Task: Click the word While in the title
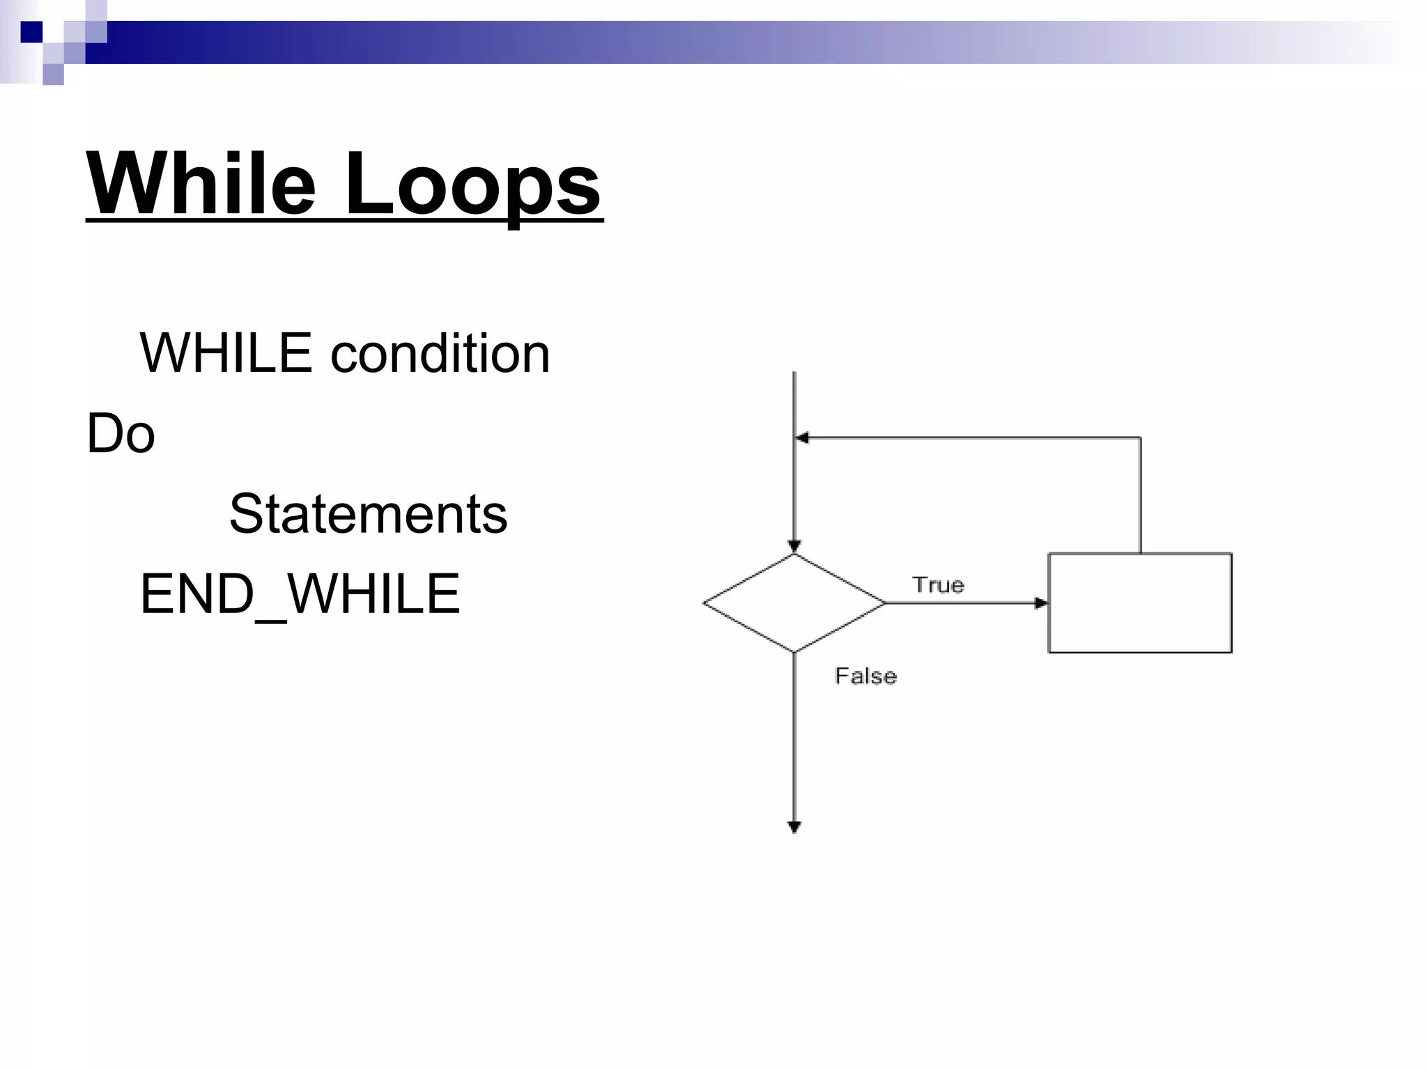pyautogui.click(x=201, y=184)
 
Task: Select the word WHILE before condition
pyautogui.click(x=226, y=353)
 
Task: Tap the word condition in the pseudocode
pyautogui.click(x=440, y=353)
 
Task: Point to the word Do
pyautogui.click(x=121, y=433)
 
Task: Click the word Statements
pyautogui.click(x=369, y=514)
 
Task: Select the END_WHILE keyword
pyautogui.click(x=300, y=594)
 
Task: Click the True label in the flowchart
pyautogui.click(x=938, y=584)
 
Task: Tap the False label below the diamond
pyautogui.click(x=865, y=676)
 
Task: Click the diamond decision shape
pyautogui.click(x=794, y=603)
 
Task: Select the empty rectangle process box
pyautogui.click(x=1140, y=603)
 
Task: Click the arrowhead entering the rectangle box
pyautogui.click(x=1041, y=603)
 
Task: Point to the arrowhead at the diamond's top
pyautogui.click(x=794, y=547)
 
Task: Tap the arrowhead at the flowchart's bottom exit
pyautogui.click(x=794, y=828)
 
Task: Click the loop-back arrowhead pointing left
pyautogui.click(x=803, y=438)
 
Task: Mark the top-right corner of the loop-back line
pyautogui.click(x=1141, y=438)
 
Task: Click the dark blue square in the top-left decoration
pyautogui.click(x=31, y=32)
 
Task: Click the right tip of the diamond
pyautogui.click(x=884, y=603)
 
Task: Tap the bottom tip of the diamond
pyautogui.click(x=794, y=652)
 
